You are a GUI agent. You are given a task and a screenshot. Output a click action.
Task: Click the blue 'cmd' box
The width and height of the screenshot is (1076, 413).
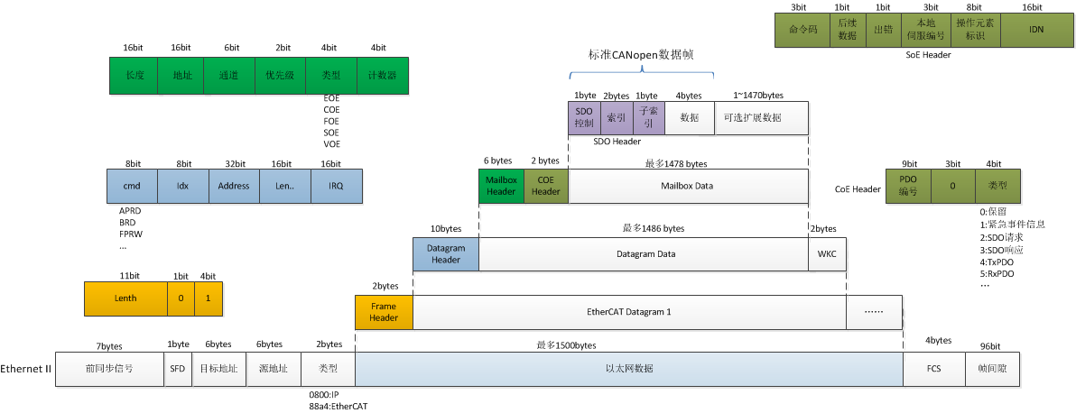point(133,187)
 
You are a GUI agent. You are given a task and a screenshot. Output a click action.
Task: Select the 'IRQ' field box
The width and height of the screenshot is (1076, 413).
point(336,187)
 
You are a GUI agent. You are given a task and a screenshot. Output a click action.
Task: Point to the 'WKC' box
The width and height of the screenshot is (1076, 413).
point(827,254)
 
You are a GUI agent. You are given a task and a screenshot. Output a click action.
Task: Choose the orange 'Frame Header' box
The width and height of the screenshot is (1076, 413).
point(384,311)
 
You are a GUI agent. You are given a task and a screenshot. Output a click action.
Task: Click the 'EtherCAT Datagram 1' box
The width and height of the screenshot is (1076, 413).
point(629,311)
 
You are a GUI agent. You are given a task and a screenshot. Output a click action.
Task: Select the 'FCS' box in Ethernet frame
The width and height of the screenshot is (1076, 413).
point(933,369)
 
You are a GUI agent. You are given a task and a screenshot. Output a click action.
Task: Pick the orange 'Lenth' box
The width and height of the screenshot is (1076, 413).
point(125,298)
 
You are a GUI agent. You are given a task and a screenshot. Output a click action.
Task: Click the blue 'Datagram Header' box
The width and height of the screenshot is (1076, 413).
point(446,254)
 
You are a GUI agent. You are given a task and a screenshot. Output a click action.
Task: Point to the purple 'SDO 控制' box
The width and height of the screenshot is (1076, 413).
point(583,117)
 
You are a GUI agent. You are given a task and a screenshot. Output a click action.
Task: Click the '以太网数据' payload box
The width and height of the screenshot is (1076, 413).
point(629,369)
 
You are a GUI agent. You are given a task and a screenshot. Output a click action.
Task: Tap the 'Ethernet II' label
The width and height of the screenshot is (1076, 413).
point(25,369)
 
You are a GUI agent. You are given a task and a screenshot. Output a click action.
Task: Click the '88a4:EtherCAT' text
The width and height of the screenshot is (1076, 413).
point(338,407)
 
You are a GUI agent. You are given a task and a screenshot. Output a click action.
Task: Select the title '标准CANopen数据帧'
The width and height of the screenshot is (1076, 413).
point(641,54)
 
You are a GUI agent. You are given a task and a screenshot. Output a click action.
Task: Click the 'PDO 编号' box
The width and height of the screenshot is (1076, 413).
point(909,188)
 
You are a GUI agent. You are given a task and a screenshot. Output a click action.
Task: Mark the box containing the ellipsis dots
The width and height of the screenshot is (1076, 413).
point(874,311)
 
